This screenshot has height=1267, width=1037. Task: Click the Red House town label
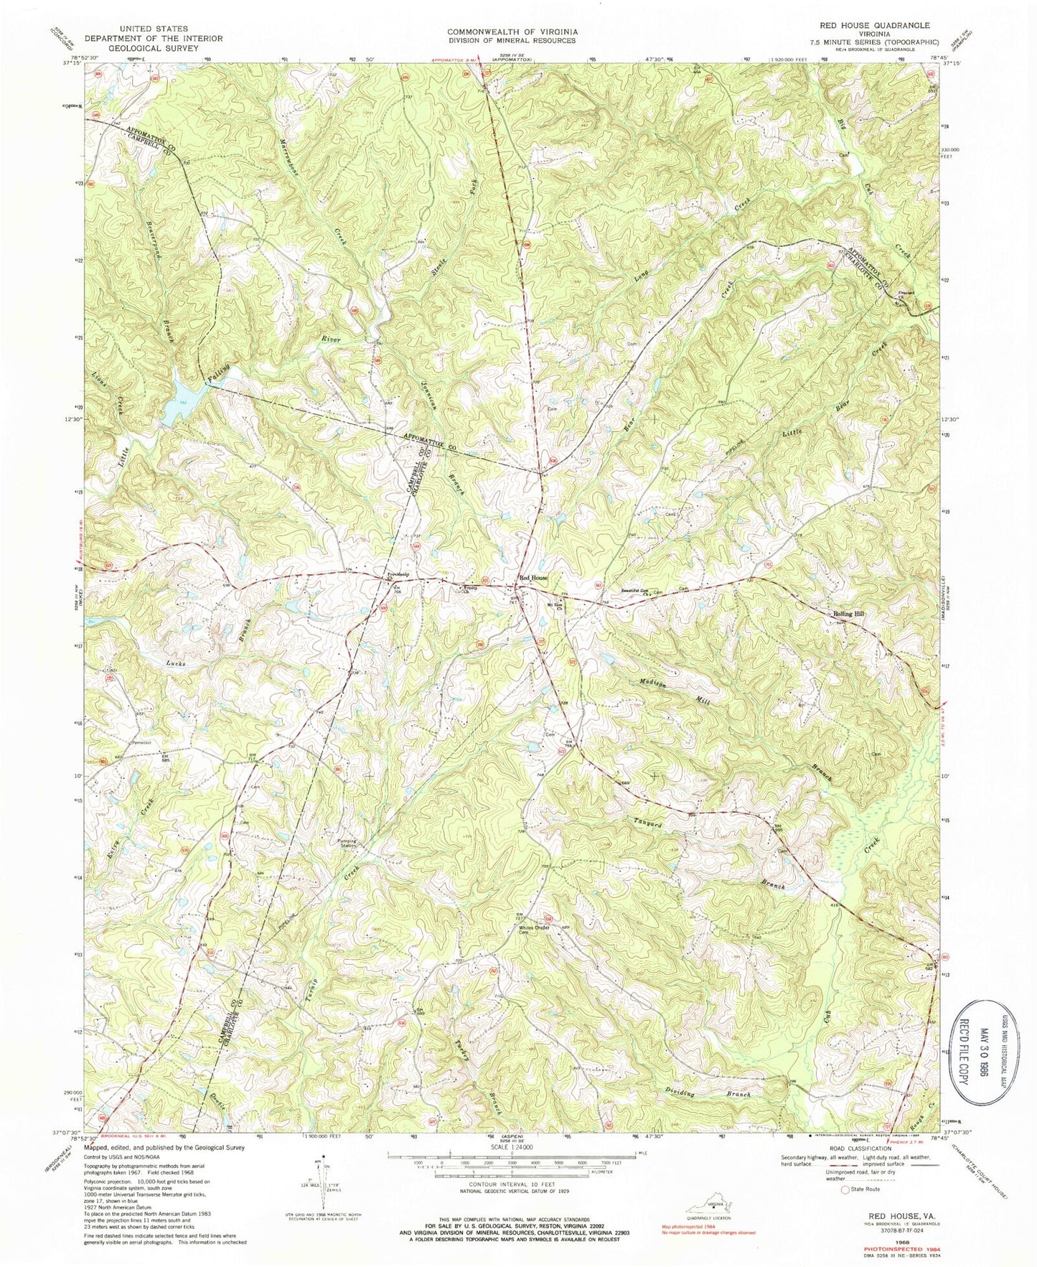tap(533, 577)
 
